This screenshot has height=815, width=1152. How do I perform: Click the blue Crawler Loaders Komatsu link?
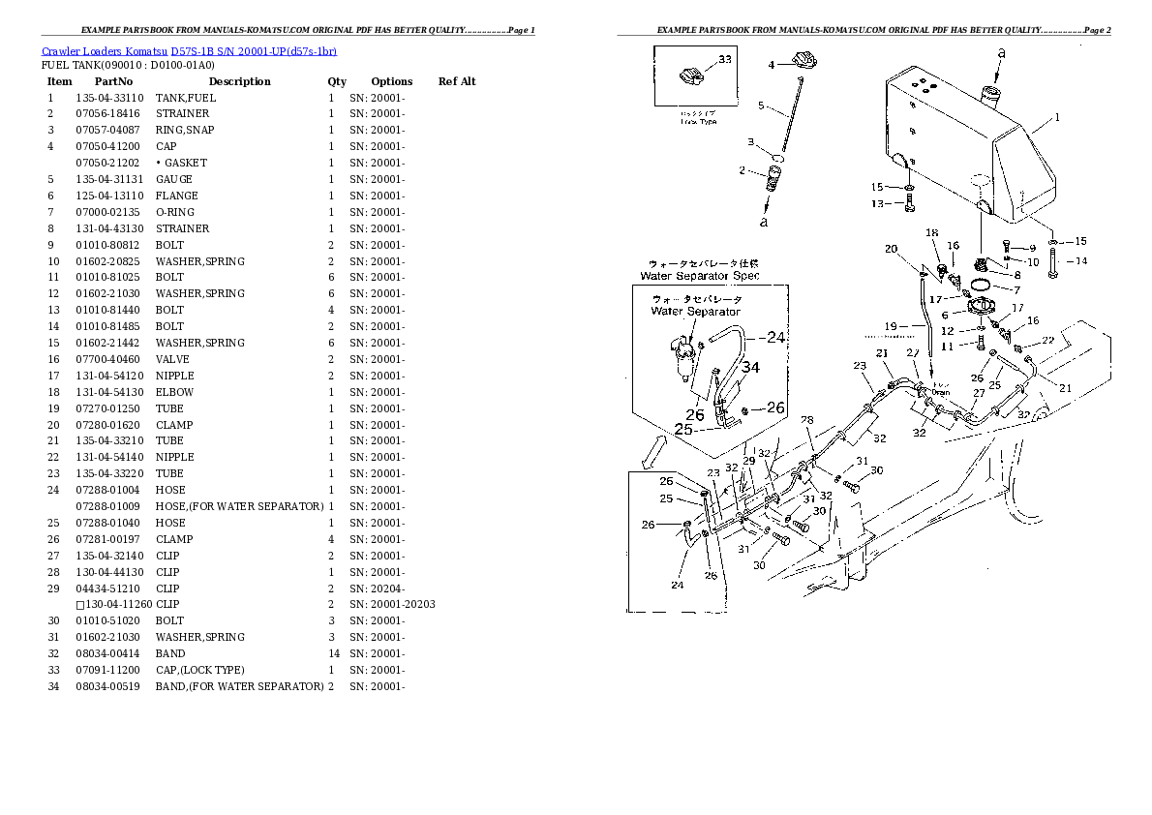click(x=189, y=50)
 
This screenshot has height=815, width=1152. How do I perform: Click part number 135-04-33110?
click(x=109, y=98)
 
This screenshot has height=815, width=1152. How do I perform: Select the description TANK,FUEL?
click(x=186, y=98)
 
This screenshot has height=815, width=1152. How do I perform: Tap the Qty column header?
click(x=336, y=81)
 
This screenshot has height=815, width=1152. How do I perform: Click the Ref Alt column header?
click(x=457, y=81)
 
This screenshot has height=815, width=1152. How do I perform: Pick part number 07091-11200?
click(x=107, y=670)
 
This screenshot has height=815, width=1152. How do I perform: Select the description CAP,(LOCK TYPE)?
click(x=199, y=670)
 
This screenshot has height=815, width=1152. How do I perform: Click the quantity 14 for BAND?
click(x=331, y=653)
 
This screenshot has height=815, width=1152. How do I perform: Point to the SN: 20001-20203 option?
click(x=392, y=604)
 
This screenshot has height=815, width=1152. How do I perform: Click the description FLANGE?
click(x=176, y=196)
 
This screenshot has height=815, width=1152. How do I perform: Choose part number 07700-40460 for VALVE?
click(x=107, y=359)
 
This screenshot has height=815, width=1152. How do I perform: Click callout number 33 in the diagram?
click(x=725, y=60)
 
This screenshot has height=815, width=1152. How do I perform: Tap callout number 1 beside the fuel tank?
click(x=1057, y=118)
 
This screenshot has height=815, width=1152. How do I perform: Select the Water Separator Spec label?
click(x=700, y=276)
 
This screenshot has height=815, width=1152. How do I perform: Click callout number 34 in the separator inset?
click(x=751, y=367)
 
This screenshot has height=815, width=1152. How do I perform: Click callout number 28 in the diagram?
click(x=807, y=419)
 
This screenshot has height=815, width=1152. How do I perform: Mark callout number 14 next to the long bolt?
click(x=1081, y=260)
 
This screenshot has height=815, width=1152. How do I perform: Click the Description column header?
click(x=239, y=81)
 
